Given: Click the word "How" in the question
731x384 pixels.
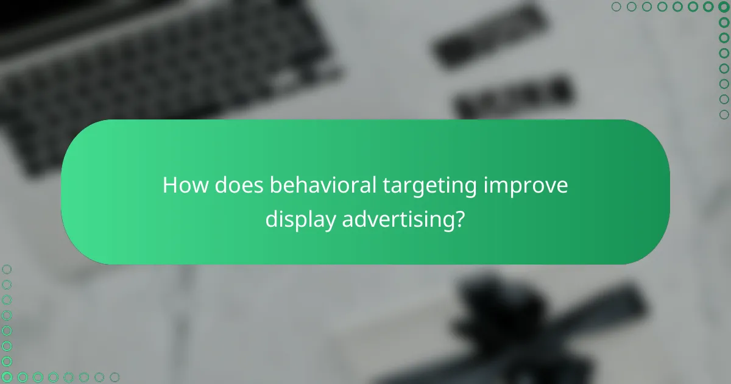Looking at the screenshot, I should tap(182, 186).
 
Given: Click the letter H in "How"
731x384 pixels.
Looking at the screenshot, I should tap(169, 186).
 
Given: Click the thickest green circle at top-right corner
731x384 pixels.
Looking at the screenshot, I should tap(724, 7).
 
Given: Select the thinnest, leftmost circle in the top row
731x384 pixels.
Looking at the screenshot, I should tap(616, 7).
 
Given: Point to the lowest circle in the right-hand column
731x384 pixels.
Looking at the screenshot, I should tap(724, 115).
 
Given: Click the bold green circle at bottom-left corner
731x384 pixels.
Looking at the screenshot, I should tap(7, 377).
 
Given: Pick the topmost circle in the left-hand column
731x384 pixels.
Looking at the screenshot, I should tap(7, 269).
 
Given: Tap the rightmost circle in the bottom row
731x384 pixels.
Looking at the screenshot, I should tap(115, 377).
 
